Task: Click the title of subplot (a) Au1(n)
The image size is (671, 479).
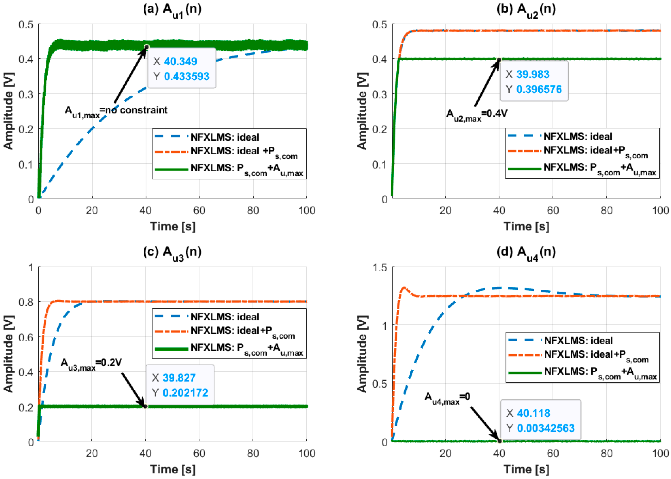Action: point(172,10)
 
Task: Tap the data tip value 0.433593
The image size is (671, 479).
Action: point(186,76)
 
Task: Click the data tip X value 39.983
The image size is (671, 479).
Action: point(533,74)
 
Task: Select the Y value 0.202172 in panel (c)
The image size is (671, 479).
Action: point(185,393)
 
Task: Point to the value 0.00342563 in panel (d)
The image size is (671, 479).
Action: point(546,428)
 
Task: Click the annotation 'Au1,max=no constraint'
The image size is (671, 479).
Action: point(116,111)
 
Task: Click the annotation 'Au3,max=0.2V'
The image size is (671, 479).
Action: point(91,363)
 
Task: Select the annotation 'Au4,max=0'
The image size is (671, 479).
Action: point(447,397)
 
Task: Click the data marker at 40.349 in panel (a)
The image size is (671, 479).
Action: point(146,47)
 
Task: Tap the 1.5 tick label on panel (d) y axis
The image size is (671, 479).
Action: point(380,268)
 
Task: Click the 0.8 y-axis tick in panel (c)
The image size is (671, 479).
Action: point(26,302)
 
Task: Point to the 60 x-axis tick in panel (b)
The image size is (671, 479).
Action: point(553,210)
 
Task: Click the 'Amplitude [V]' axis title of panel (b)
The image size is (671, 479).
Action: point(363,111)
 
